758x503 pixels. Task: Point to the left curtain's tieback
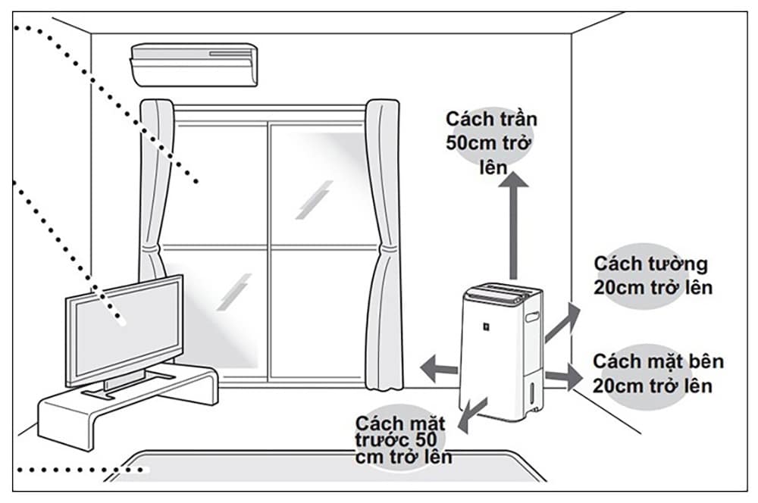point(154,247)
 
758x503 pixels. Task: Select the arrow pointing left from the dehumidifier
point(439,367)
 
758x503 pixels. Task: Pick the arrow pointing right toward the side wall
point(562,375)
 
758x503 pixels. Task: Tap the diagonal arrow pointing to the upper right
point(561,322)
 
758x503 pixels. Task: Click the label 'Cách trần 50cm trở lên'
point(491,143)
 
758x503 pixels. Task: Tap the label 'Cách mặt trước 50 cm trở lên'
point(402,439)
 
